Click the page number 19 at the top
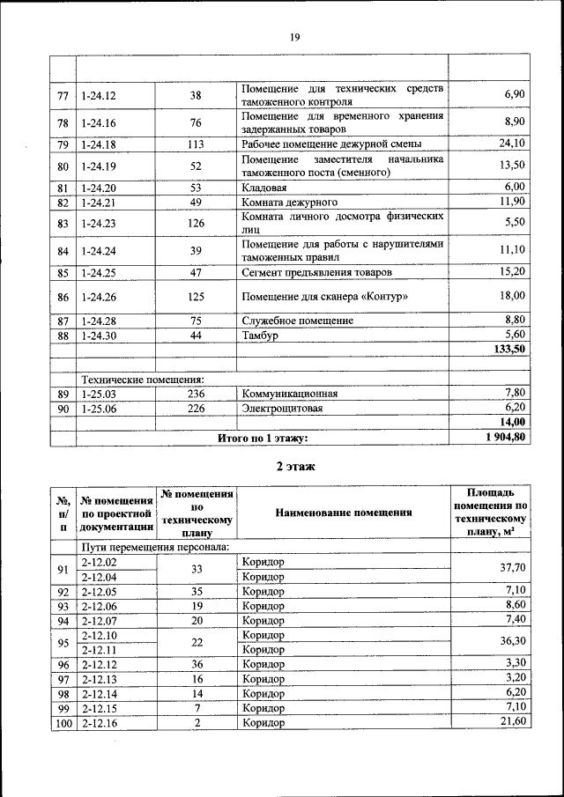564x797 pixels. click(x=294, y=37)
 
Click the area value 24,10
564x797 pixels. click(x=511, y=144)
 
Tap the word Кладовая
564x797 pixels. click(x=263, y=188)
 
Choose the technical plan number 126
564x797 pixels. click(x=196, y=224)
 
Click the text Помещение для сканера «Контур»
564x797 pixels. click(x=324, y=297)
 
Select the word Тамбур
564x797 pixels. click(x=260, y=336)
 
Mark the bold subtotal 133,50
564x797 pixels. click(x=508, y=350)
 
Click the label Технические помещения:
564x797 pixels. click(x=143, y=379)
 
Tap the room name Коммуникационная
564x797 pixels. click(x=289, y=393)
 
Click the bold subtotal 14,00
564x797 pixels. click(x=511, y=423)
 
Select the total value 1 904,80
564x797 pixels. click(x=505, y=437)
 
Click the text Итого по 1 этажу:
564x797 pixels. click(x=263, y=438)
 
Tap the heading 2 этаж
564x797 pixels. click(x=294, y=466)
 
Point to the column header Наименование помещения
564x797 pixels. click(x=343, y=513)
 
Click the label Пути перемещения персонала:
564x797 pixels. click(x=156, y=546)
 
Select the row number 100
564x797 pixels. click(x=63, y=722)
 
